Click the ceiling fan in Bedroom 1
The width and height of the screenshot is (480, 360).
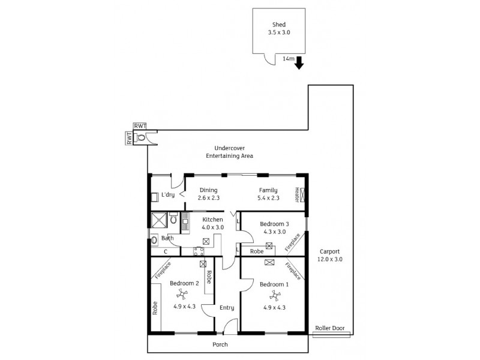pos(275,293)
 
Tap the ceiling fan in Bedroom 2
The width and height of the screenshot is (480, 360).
pos(181,293)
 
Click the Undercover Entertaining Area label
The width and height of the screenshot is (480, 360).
pos(229,152)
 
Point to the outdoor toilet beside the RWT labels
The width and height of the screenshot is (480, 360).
pos(141,137)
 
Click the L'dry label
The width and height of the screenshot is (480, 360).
pos(167,194)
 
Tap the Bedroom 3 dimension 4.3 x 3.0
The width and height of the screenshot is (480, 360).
pos(273,232)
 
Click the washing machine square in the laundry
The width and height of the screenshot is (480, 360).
pos(154,196)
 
